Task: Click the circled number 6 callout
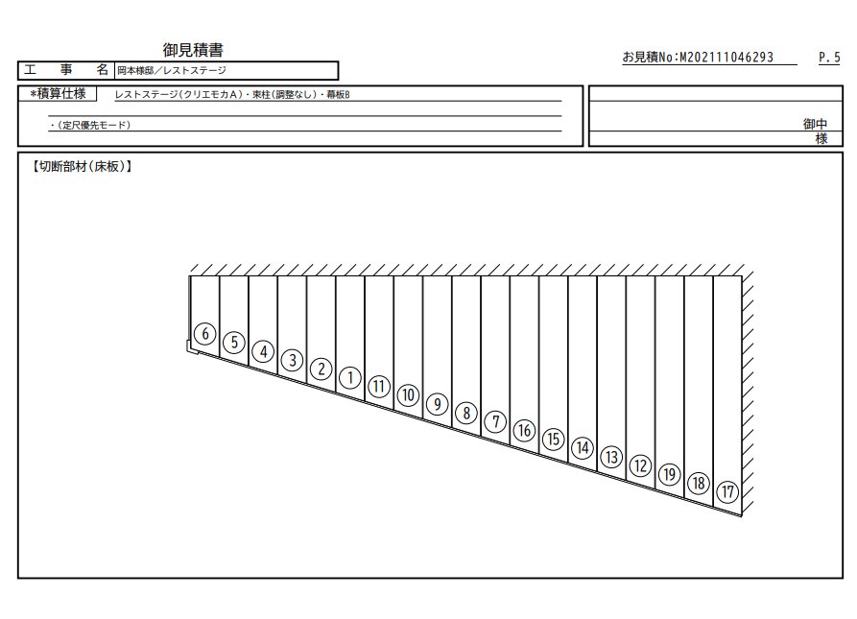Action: (205, 333)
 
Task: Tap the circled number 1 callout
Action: (349, 377)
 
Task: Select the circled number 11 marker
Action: (379, 386)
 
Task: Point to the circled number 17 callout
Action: (727, 491)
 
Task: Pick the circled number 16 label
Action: (524, 431)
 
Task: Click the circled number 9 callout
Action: (437, 404)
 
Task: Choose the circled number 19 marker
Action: (670, 474)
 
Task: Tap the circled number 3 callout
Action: (292, 360)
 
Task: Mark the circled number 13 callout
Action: (611, 457)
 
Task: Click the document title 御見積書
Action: (193, 50)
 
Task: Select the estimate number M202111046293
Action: (726, 58)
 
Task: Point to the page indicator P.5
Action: (829, 58)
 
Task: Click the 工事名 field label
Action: (66, 70)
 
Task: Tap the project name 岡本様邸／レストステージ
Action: (172, 70)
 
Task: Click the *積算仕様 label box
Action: (58, 93)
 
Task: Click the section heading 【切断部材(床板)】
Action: (82, 167)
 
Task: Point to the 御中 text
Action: (815, 124)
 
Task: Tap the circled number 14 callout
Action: (583, 448)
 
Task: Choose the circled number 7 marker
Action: (495, 421)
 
